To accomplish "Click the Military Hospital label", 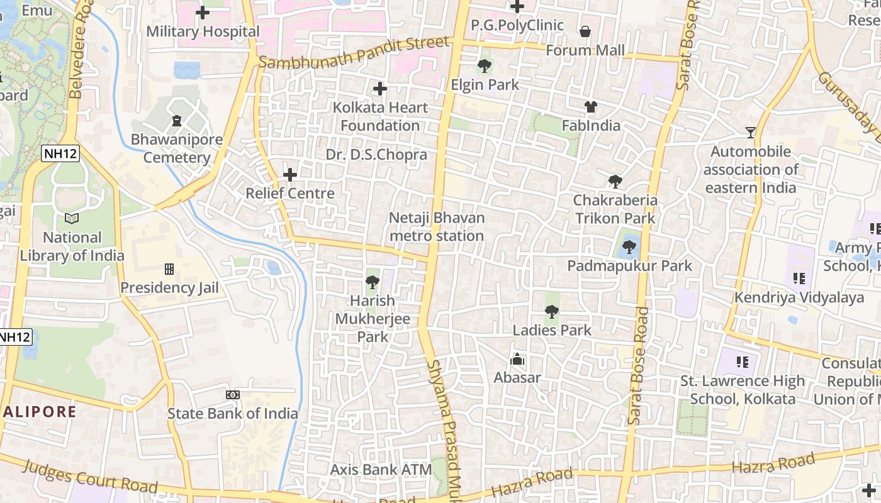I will [x=203, y=31].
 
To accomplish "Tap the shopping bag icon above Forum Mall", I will [x=585, y=31].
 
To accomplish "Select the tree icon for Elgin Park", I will [x=485, y=66].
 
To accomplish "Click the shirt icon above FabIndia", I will [x=590, y=107].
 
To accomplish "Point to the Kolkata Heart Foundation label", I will [x=380, y=116].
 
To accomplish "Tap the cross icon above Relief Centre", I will [x=290, y=174].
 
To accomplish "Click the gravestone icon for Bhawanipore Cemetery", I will [x=177, y=120].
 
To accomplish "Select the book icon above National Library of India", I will [x=72, y=219].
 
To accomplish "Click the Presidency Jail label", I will [x=169, y=288].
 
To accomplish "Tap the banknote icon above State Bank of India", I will [x=233, y=395].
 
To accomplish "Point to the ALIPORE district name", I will [x=39, y=412].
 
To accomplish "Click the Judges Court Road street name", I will [x=91, y=477].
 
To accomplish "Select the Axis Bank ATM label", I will [x=381, y=470].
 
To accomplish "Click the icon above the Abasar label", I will [x=517, y=359].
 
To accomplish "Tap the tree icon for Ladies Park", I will [x=552, y=311].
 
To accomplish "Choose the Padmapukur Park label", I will [x=629, y=266].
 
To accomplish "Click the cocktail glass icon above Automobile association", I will [x=751, y=133].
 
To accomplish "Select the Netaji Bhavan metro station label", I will [x=437, y=227].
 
